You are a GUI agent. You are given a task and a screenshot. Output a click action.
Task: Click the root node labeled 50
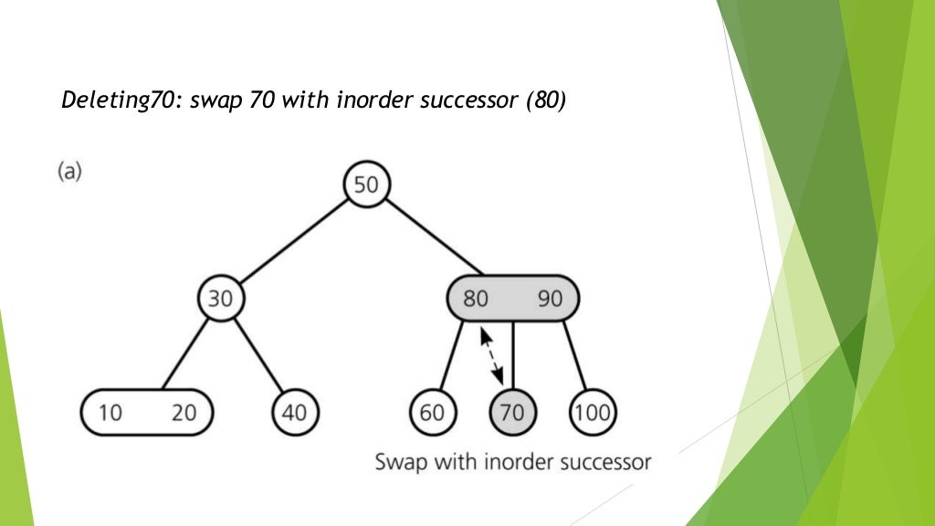pyautogui.click(x=365, y=185)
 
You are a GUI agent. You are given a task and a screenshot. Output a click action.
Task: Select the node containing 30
pyautogui.click(x=221, y=300)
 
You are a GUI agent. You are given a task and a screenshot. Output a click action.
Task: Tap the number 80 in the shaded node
pyautogui.click(x=475, y=300)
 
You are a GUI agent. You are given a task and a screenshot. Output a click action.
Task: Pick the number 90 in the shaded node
pyautogui.click(x=550, y=300)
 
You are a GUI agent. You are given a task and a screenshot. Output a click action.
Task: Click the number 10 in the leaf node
pyautogui.click(x=110, y=413)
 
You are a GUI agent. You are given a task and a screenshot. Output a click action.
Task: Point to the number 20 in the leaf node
pyautogui.click(x=184, y=413)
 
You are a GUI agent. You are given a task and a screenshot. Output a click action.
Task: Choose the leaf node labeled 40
pyautogui.click(x=294, y=413)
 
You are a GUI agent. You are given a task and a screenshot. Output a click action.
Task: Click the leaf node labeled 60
pyautogui.click(x=432, y=413)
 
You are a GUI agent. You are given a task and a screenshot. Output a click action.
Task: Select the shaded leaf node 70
pyautogui.click(x=512, y=413)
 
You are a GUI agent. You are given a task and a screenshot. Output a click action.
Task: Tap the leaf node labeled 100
pyautogui.click(x=593, y=413)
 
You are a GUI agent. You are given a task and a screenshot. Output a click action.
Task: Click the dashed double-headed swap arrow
pyautogui.click(x=491, y=356)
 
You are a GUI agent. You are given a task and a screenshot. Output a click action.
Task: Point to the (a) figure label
pyautogui.click(x=69, y=171)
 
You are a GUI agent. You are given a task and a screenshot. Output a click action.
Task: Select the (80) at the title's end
pyautogui.click(x=545, y=100)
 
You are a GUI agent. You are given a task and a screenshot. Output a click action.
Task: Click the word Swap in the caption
pyautogui.click(x=396, y=461)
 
